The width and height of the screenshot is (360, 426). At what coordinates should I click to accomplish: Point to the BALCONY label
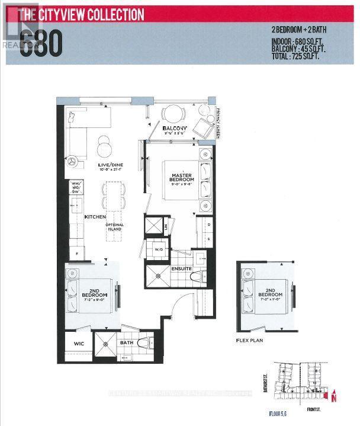(175, 129)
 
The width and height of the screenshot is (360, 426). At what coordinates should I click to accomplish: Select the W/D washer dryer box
(159, 249)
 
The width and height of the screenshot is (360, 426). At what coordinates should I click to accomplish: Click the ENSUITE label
(182, 268)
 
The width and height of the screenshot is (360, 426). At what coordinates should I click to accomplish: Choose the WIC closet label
(79, 343)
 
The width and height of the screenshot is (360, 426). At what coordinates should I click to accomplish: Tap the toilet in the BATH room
(144, 342)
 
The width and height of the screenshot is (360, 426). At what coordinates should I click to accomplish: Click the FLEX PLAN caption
(249, 341)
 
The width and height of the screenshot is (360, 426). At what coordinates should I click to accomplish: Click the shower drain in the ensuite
(159, 274)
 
